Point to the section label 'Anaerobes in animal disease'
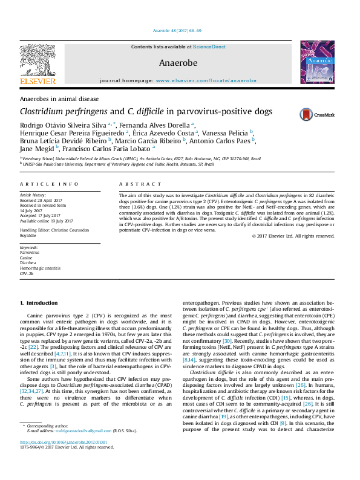point(59,99)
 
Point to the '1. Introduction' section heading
point(39,302)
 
